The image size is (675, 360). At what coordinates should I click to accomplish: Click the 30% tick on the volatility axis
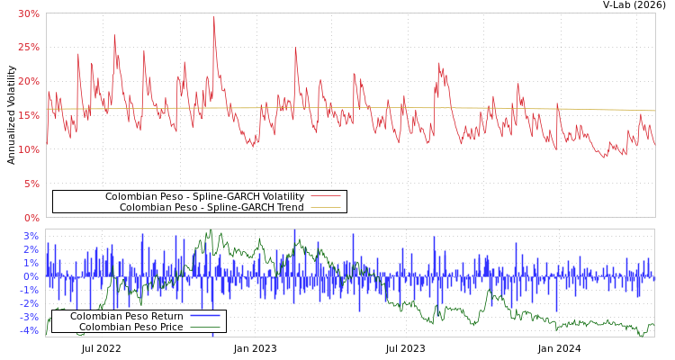28,13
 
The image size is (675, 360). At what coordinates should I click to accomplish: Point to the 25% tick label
28,47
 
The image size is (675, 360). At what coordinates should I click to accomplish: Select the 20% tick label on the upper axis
28,81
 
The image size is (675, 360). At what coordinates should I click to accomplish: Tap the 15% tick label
28,115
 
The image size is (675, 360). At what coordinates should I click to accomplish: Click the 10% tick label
28,149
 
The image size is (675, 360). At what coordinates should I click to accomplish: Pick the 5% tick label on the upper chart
31,184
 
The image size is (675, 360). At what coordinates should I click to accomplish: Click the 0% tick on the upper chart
31,218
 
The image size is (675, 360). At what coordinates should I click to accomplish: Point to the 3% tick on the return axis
31,236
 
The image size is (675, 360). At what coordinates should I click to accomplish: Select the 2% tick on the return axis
31,249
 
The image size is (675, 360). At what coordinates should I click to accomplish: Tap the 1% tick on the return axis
31,263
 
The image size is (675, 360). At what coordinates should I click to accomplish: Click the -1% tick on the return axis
29,290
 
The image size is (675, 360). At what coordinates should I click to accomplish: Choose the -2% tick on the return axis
29,303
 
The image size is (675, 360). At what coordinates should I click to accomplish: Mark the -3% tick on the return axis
29,317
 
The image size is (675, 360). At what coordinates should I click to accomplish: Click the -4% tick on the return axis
29,330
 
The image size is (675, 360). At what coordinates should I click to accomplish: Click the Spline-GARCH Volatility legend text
204,196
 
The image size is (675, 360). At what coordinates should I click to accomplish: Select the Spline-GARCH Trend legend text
211,207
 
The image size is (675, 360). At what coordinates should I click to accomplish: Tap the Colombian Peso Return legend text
126,316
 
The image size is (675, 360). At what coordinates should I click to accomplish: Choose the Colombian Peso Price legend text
130,327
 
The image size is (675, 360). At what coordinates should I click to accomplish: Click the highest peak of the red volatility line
214,16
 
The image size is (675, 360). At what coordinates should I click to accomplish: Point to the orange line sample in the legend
326,207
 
